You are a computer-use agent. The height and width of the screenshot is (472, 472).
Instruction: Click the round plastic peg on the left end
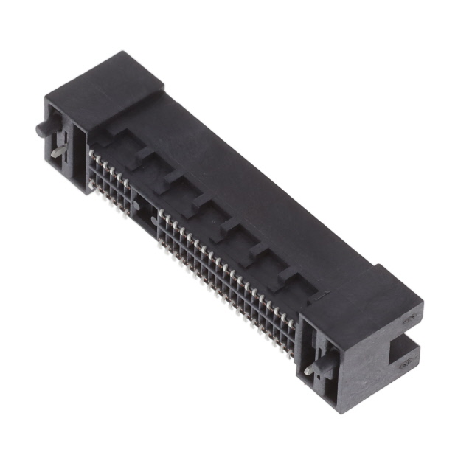(41, 130)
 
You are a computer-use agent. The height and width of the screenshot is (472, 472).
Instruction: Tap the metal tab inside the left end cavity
(58, 147)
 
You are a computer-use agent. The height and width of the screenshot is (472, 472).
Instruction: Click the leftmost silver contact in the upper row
(92, 153)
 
